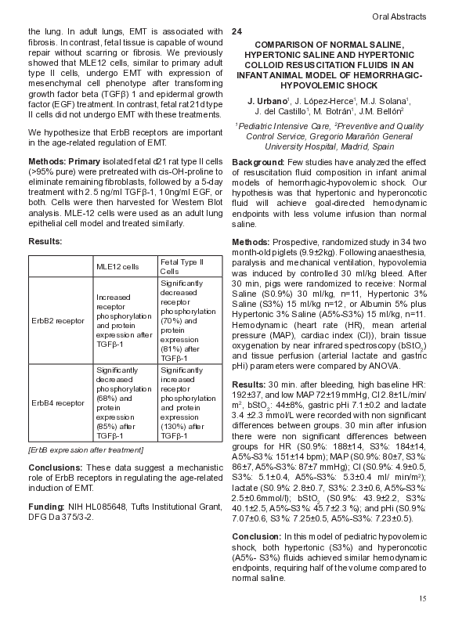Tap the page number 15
(422, 599)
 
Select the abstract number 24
(237, 31)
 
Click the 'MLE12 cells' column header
(117, 266)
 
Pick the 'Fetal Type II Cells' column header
(181, 266)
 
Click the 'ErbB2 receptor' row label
(57, 319)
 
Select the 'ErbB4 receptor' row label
(57, 402)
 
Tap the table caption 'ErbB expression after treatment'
(85, 449)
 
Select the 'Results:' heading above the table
(45, 243)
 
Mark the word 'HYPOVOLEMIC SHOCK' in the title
(329, 85)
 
